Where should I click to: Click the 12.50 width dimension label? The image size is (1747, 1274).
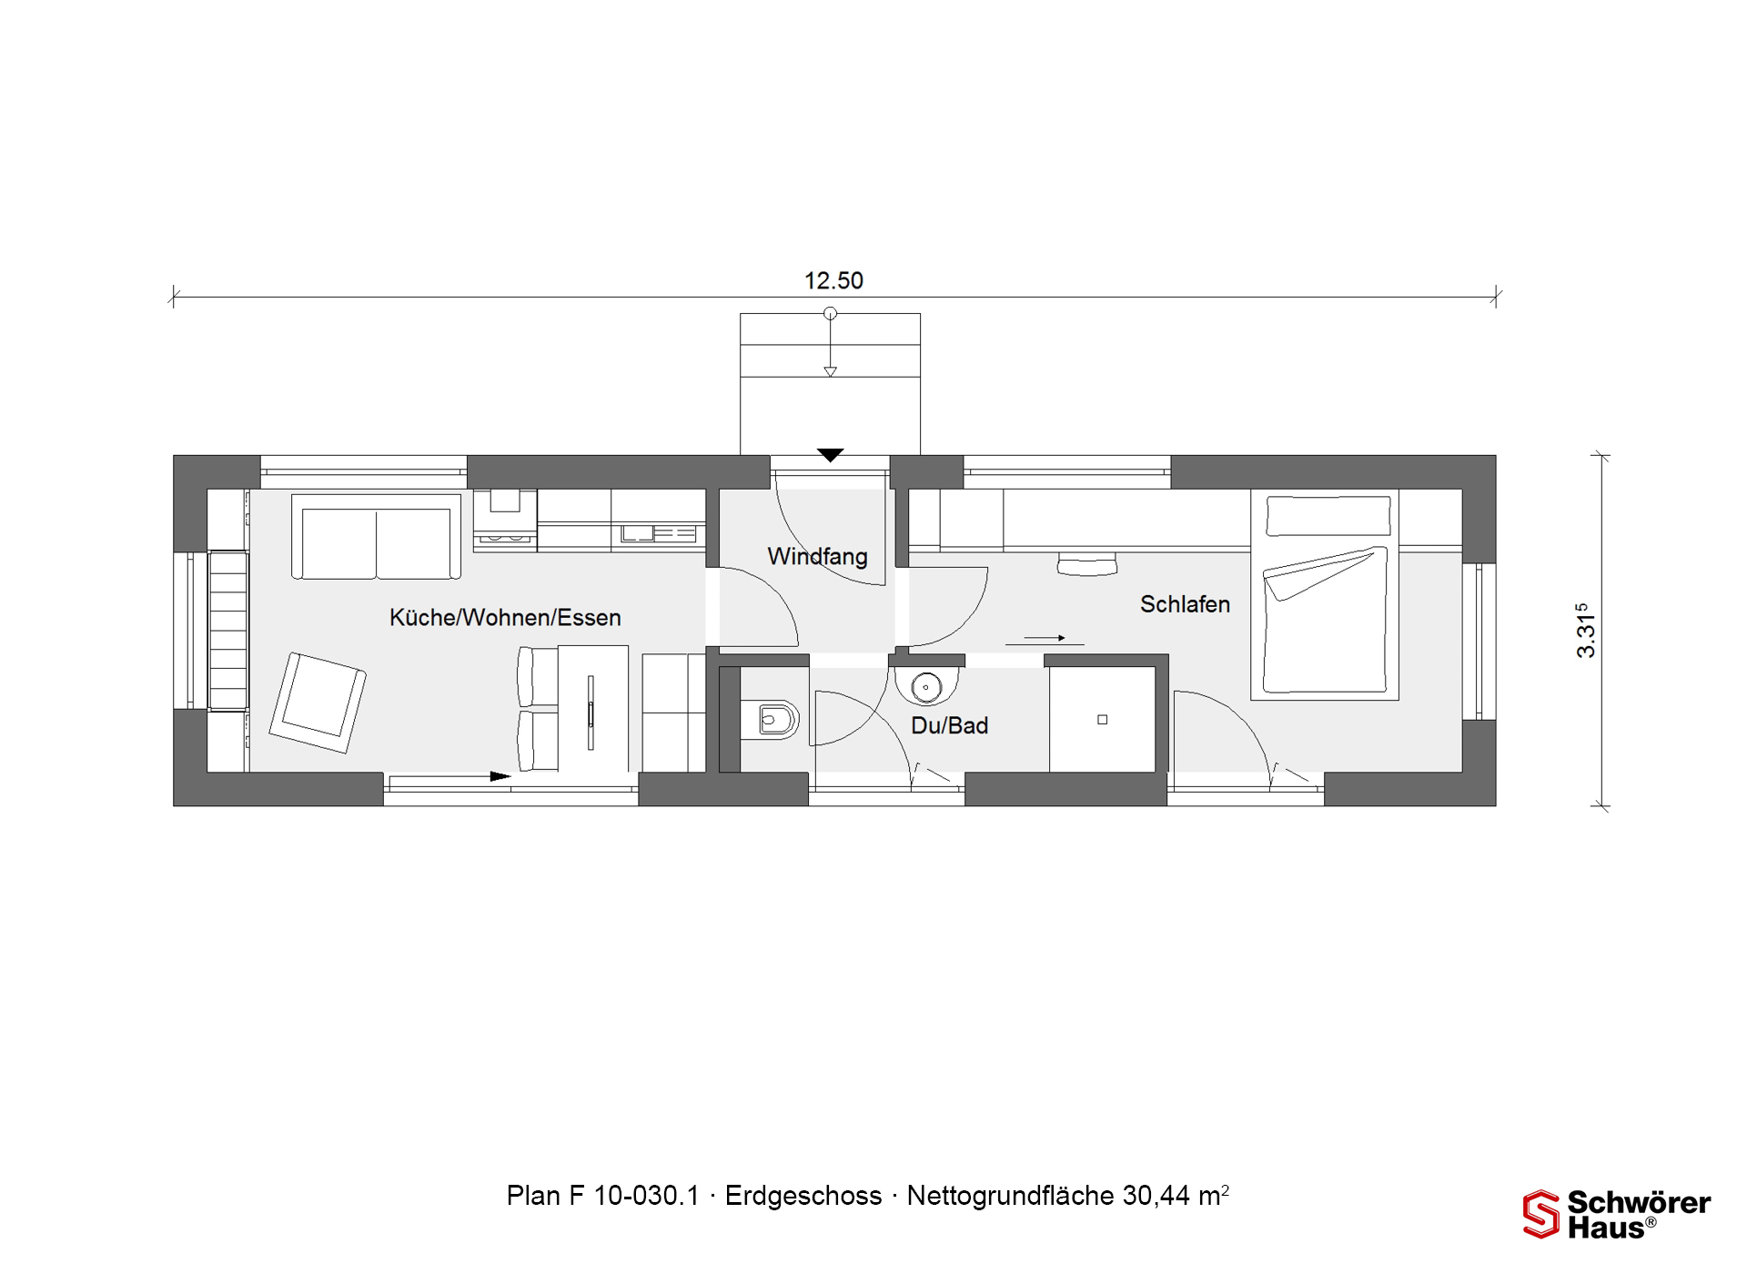(x=833, y=280)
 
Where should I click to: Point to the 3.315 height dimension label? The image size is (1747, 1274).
(x=1586, y=630)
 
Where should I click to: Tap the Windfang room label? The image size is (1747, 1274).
(x=817, y=556)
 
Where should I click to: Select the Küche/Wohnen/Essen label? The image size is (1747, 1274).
(x=505, y=617)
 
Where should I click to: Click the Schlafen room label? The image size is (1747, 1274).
(x=1185, y=604)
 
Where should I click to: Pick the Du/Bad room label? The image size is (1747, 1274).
(x=949, y=725)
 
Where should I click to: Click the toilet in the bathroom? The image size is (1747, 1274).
(x=770, y=721)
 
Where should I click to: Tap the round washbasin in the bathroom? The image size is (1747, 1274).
(x=926, y=686)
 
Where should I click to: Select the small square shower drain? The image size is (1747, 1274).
(x=1102, y=720)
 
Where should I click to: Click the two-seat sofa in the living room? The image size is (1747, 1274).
(x=376, y=537)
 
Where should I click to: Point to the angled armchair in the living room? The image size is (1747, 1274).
(x=318, y=703)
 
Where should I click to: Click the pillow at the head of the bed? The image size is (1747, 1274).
(x=1328, y=516)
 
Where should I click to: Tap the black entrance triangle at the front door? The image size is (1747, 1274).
(x=830, y=455)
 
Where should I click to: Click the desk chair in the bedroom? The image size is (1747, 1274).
(x=1087, y=563)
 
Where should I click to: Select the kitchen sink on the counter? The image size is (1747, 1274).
(x=638, y=533)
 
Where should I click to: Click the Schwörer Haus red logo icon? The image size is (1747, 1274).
(x=1541, y=1214)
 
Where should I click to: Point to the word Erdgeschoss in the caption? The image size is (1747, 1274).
(x=803, y=1196)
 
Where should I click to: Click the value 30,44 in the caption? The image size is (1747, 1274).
(x=1156, y=1196)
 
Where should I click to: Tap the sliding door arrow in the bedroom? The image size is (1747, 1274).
(x=1045, y=638)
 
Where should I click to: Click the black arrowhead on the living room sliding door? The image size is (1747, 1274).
(x=500, y=776)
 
